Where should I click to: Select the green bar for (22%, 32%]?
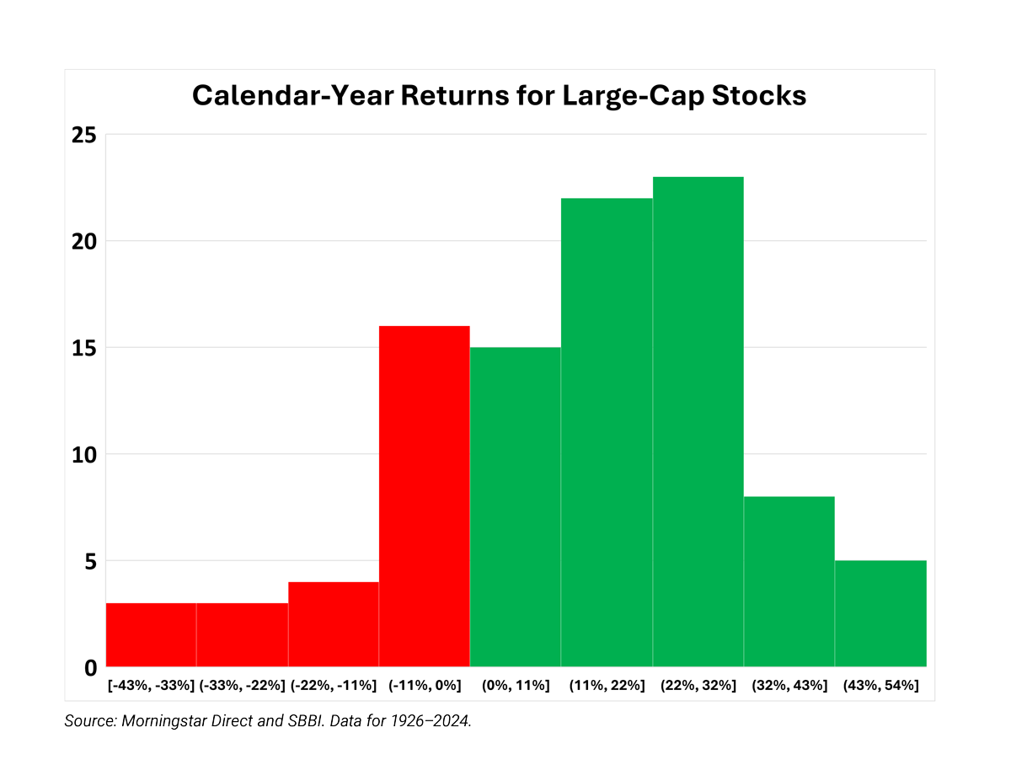click(698, 421)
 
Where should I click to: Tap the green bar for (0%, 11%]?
click(515, 506)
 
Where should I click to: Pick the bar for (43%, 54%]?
click(880, 613)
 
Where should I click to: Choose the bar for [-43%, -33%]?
click(151, 634)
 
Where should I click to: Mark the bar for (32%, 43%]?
click(789, 581)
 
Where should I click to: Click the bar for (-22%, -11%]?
click(333, 623)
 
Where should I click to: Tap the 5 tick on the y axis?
click(90, 561)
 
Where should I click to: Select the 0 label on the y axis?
click(90, 668)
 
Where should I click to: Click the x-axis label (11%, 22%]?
click(607, 685)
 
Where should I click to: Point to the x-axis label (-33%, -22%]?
click(243, 685)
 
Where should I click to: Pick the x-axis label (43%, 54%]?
click(880, 685)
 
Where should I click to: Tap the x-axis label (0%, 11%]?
click(516, 685)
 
